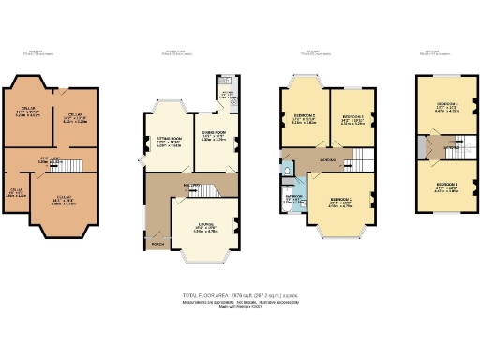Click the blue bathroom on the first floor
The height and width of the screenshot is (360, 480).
(x=292, y=199)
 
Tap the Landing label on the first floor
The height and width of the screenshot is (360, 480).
(x=328, y=160)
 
